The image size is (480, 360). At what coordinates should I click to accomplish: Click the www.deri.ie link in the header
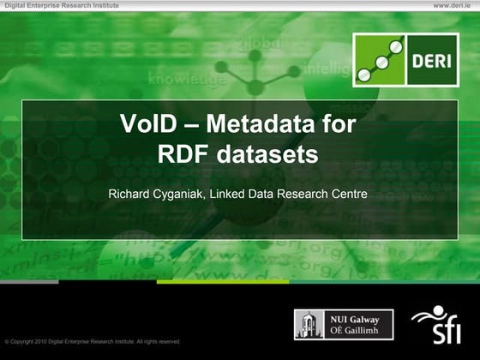click(453, 5)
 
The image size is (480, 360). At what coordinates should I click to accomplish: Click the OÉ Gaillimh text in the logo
click(354, 331)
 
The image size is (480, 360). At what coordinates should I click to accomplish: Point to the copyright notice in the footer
click(93, 341)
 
